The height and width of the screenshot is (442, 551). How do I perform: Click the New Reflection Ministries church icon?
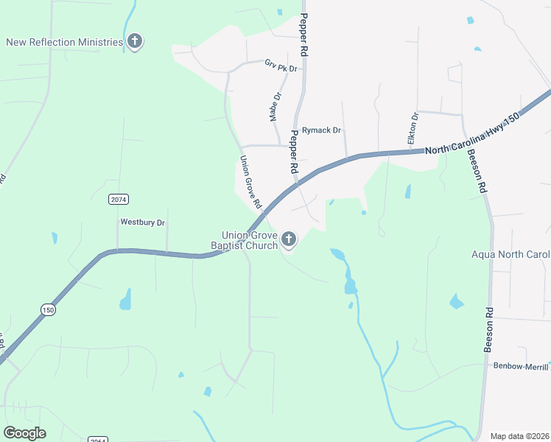[134, 41]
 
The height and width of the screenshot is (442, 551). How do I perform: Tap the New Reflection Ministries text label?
[64, 42]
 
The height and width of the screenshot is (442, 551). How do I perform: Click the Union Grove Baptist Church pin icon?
[288, 239]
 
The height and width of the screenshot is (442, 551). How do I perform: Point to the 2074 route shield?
[117, 200]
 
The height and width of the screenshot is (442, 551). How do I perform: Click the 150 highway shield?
[48, 310]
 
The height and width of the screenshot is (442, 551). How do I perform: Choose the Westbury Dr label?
[143, 222]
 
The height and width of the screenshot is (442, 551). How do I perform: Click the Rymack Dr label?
[322, 130]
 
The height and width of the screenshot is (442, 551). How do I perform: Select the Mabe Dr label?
[275, 107]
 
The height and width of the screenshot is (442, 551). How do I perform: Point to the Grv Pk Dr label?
[281, 66]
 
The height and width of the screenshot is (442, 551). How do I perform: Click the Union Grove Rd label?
[251, 181]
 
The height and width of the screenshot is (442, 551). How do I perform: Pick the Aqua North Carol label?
[510, 255]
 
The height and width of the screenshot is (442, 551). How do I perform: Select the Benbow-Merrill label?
[521, 366]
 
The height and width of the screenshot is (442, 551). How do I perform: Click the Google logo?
[24, 433]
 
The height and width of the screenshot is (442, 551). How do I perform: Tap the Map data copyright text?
[520, 436]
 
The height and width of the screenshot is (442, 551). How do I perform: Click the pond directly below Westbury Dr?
[126, 299]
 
